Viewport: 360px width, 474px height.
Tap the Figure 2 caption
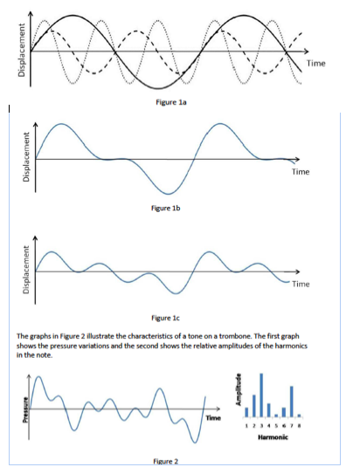coord(164,460)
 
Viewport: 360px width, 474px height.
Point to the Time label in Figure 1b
coord(300,172)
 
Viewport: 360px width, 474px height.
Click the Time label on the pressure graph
coord(213,418)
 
